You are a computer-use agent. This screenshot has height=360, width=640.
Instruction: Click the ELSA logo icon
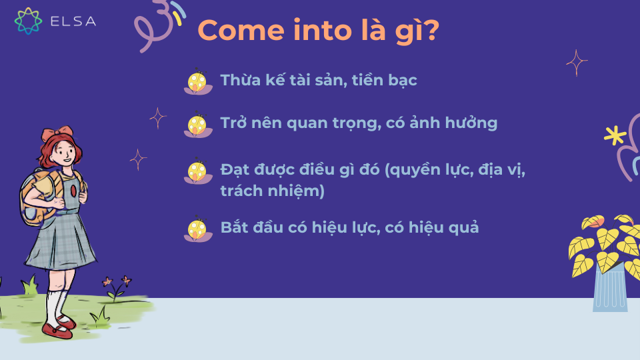tap(28, 21)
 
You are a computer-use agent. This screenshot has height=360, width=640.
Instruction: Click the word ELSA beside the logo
tap(73, 21)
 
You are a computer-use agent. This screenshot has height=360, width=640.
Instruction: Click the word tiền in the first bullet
tap(369, 81)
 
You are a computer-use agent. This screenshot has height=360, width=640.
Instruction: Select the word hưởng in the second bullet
tap(473, 124)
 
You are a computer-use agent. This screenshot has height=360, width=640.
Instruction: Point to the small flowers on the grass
tap(115, 285)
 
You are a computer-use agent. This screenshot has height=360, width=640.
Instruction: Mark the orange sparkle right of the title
tap(577, 63)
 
